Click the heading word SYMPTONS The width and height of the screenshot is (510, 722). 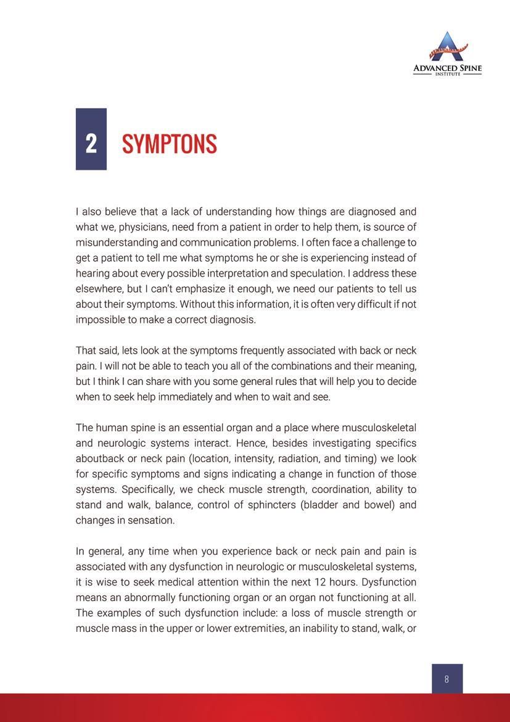pyautogui.click(x=170, y=144)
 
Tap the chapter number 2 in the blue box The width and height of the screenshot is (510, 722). pyautogui.click(x=91, y=144)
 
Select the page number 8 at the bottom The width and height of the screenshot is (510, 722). pyautogui.click(x=446, y=679)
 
